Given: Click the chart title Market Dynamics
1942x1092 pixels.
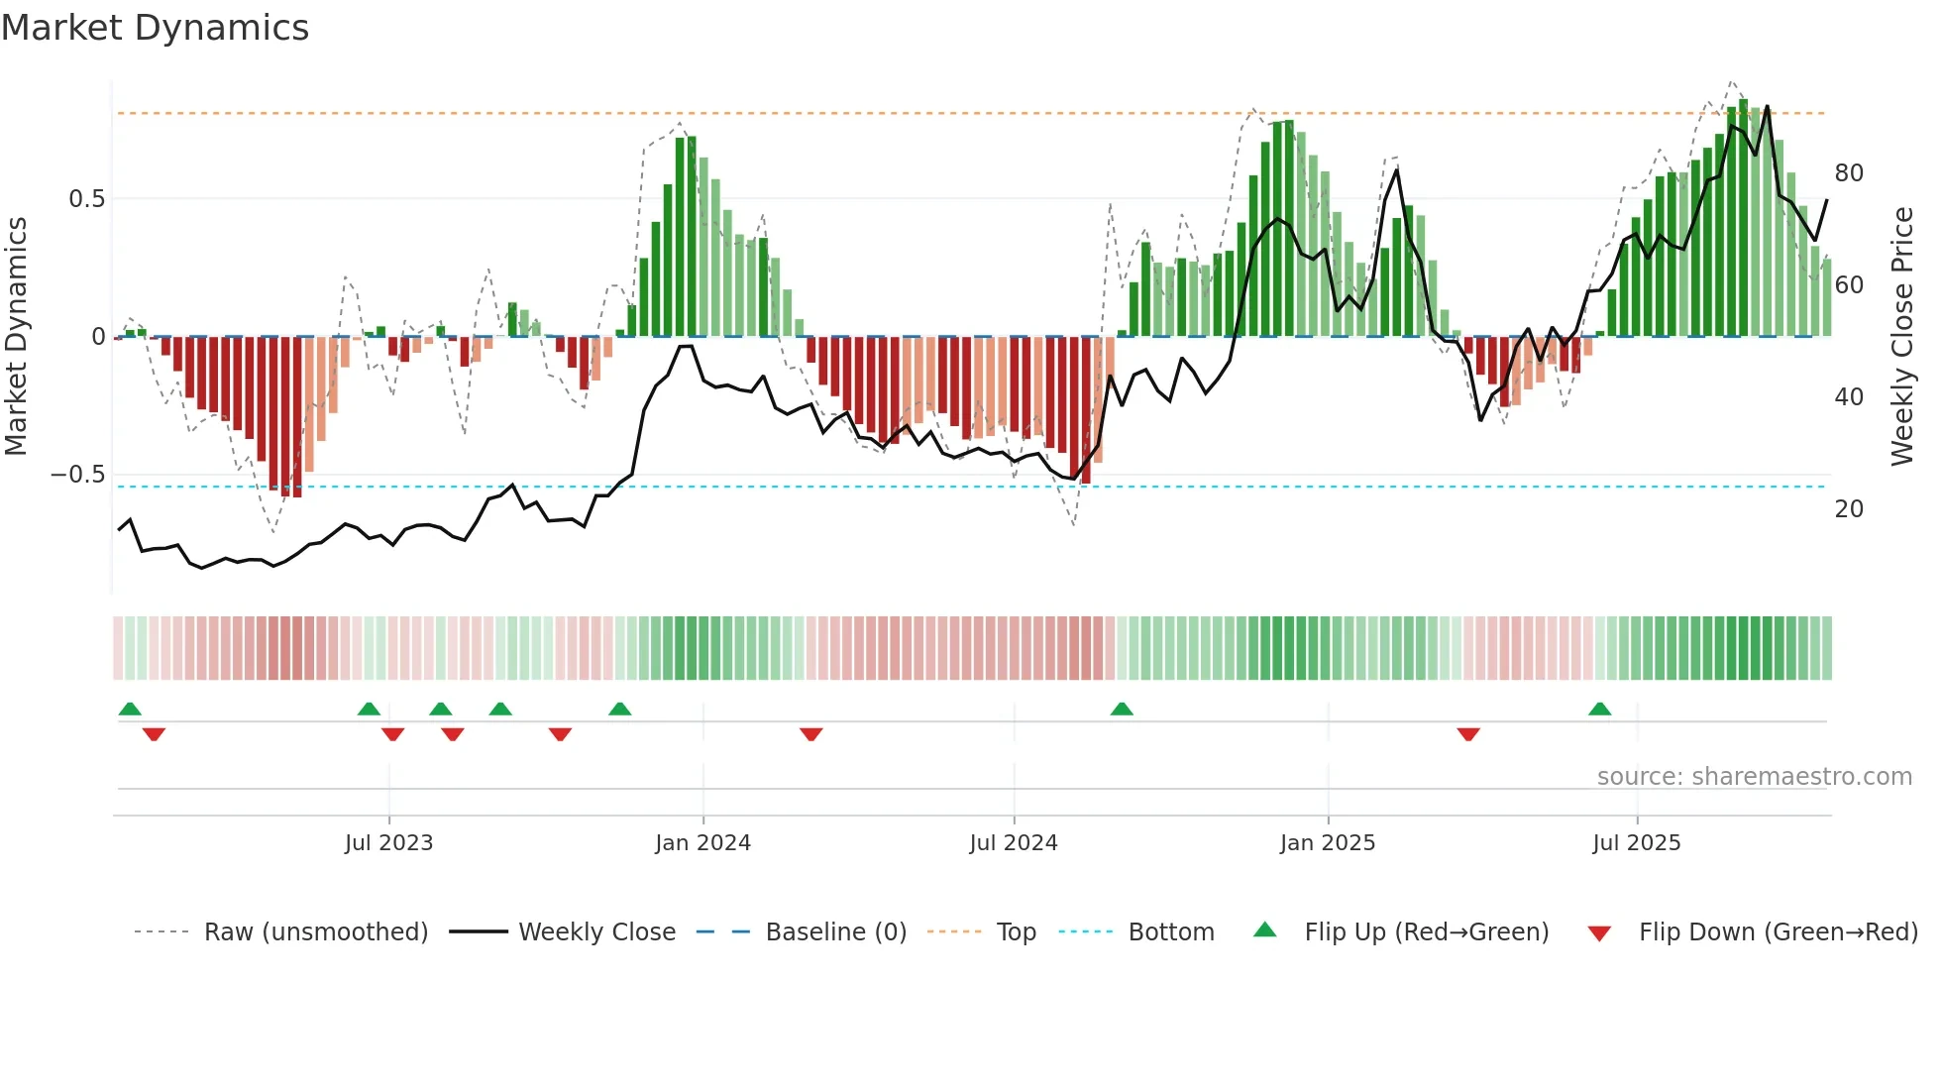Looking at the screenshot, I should coord(155,28).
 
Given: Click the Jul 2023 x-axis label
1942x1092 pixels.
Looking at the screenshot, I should coord(388,843).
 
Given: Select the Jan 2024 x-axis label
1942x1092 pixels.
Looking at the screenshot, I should coord(702,843).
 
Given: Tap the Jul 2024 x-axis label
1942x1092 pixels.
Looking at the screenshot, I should coord(1013,843).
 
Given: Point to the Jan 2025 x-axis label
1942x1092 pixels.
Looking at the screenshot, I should coord(1327,843).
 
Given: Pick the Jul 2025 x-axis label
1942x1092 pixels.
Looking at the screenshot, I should coord(1636,843).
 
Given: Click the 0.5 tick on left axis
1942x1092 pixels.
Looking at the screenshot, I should coord(86,199).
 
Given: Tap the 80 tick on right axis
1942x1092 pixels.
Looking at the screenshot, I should coord(1849,173).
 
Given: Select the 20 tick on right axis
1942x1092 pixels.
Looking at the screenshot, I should coord(1849,509).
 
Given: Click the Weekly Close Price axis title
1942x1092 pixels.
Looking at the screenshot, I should coord(1901,337).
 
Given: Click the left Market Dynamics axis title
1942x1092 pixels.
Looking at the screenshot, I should coord(16,337).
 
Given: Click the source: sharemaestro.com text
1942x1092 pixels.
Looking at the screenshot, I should coord(1754,777).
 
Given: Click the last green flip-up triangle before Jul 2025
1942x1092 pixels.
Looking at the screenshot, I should coord(1599,710).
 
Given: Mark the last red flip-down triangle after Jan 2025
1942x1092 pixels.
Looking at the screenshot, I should coord(1468,734).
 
